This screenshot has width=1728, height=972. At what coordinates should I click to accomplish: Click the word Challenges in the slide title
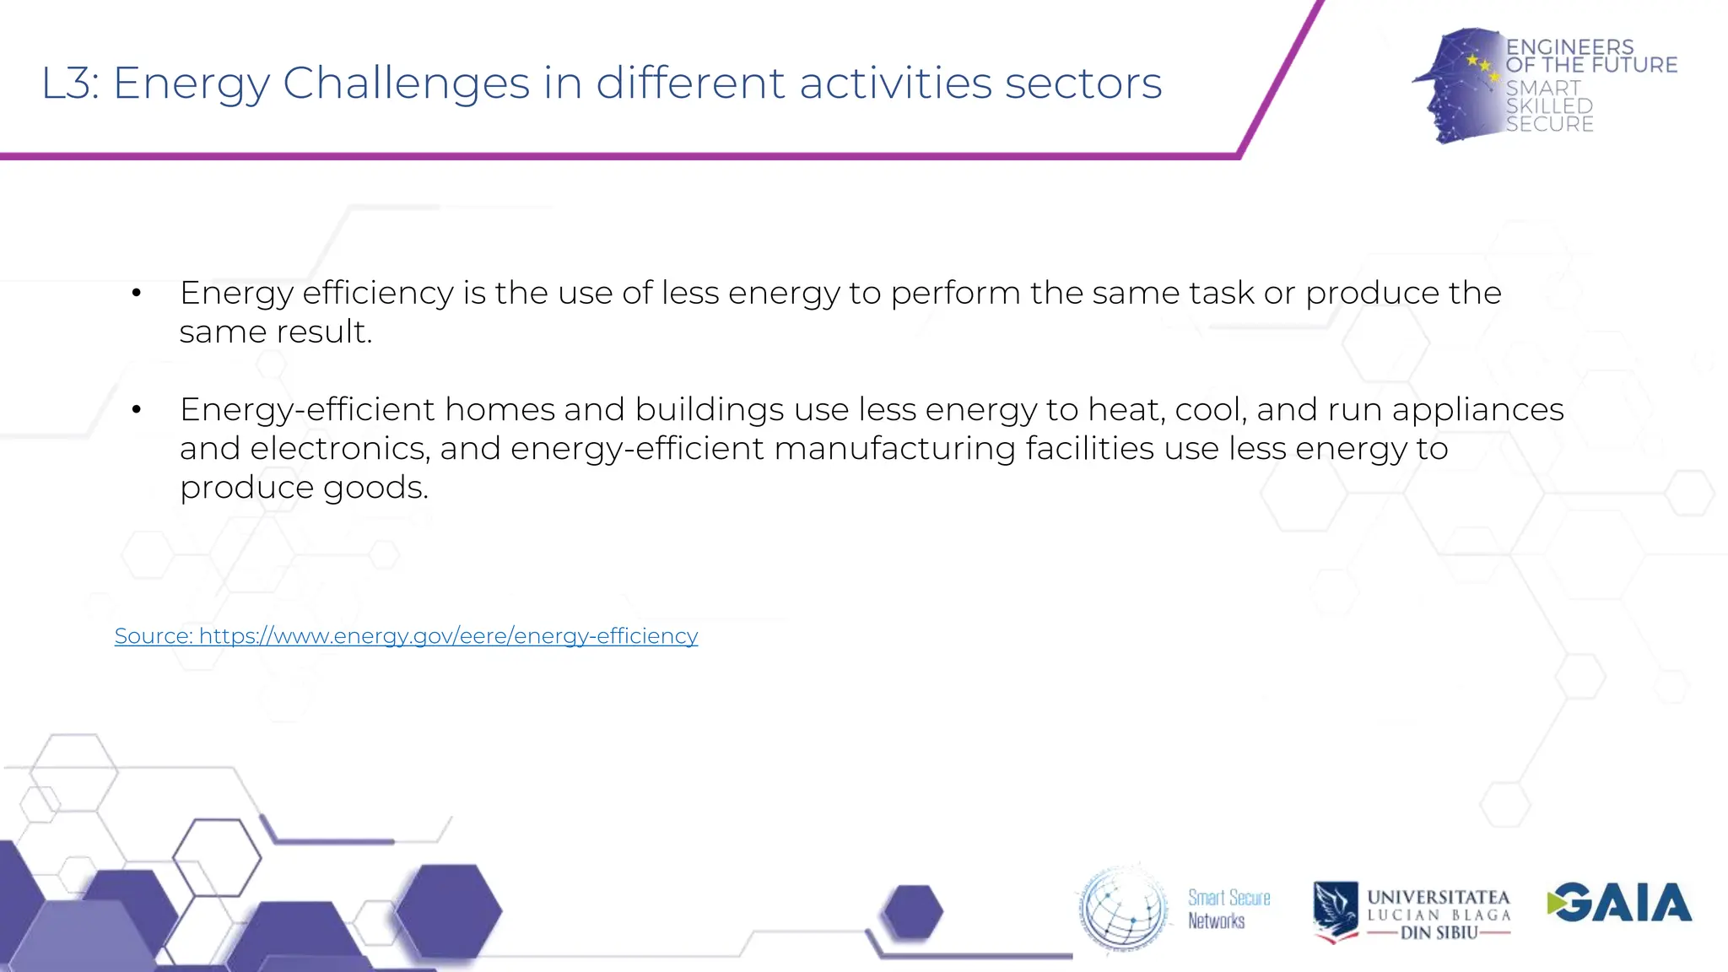(406, 84)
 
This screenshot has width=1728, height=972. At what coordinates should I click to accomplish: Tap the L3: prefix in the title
(70, 84)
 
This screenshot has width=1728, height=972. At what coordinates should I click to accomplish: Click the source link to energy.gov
(406, 635)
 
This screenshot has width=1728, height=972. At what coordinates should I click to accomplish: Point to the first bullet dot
(136, 294)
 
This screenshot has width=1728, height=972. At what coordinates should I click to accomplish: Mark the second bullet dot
(136, 410)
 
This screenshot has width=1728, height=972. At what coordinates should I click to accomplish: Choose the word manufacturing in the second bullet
(894, 448)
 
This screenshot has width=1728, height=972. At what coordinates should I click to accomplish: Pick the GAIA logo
(1619, 903)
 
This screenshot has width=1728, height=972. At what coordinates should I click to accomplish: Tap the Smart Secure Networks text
(1228, 909)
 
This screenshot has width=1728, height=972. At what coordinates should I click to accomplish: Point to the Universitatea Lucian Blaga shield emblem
(1335, 910)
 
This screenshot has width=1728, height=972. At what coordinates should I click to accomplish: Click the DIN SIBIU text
(1439, 932)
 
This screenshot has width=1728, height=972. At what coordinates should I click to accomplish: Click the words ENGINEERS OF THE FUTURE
(1590, 56)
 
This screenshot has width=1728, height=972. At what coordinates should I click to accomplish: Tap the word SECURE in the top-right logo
(1549, 124)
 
